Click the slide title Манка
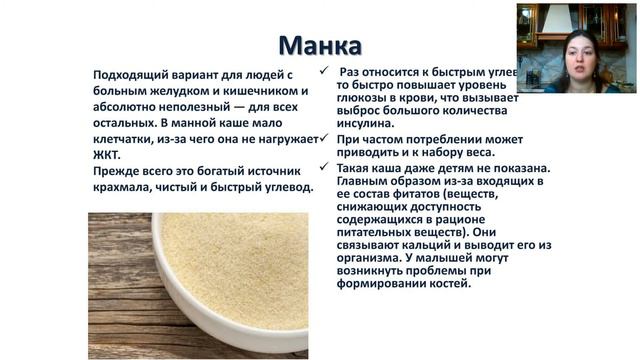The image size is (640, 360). click(x=319, y=46)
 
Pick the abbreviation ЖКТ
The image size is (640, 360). click(x=105, y=156)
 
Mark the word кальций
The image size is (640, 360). click(x=447, y=245)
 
